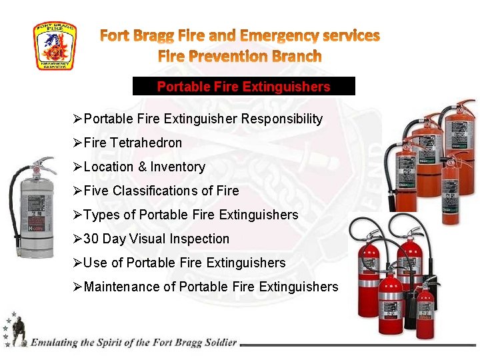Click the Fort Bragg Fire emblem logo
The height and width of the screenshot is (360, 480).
point(55,46)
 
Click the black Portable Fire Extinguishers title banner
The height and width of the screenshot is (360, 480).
point(243,87)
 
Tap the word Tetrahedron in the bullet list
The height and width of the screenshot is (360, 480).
point(146,143)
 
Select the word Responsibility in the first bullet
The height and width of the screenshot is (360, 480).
point(282,119)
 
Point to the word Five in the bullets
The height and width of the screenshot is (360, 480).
point(97,191)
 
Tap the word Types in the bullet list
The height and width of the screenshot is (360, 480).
point(100,215)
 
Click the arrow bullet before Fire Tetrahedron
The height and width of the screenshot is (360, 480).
point(77,143)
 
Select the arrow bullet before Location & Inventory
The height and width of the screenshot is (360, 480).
point(77,167)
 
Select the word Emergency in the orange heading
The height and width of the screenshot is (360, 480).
point(281,35)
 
